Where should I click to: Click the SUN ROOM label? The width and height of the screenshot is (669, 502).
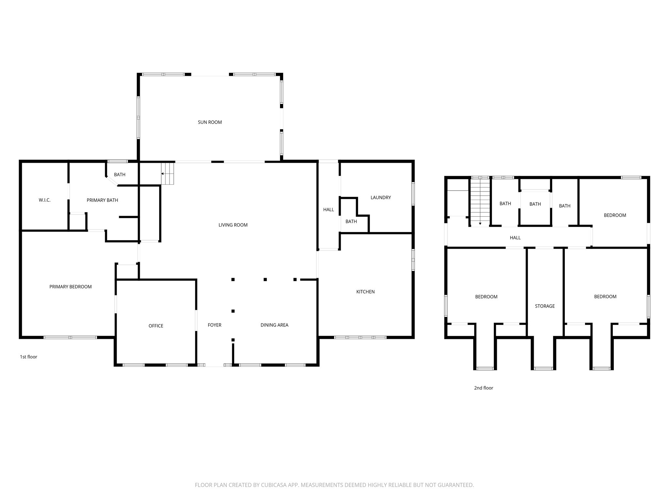tap(210, 122)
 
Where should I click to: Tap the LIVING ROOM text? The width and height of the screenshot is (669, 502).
tap(233, 225)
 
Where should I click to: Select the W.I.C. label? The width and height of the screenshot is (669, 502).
tap(44, 200)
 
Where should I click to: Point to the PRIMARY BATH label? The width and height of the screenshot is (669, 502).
tap(102, 200)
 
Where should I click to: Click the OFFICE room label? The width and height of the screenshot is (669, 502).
tap(156, 326)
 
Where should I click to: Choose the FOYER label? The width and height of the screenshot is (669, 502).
tap(214, 325)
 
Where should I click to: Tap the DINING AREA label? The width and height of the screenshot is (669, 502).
tap(274, 325)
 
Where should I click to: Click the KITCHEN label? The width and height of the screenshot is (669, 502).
tap(365, 292)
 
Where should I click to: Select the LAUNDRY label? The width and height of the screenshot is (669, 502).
tap(381, 197)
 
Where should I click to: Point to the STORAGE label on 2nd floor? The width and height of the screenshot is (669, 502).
tap(545, 306)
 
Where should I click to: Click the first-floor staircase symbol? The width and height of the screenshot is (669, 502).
tap(168, 174)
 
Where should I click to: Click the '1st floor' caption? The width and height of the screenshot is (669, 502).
tap(28, 357)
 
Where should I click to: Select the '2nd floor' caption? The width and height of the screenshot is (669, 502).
tap(483, 388)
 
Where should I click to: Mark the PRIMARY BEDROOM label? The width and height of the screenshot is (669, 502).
tap(70, 287)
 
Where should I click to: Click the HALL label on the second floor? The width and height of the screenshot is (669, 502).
tap(515, 238)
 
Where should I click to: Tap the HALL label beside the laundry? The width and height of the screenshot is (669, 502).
tap(328, 209)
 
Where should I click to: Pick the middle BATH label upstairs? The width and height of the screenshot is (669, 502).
tap(535, 204)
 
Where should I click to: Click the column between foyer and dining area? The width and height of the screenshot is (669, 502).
tap(233, 311)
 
